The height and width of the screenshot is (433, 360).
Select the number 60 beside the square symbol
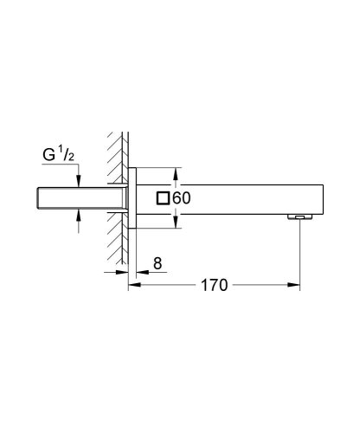(181, 197)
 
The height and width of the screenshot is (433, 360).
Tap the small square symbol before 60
(163, 197)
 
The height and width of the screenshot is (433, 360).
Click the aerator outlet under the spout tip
(298, 217)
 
